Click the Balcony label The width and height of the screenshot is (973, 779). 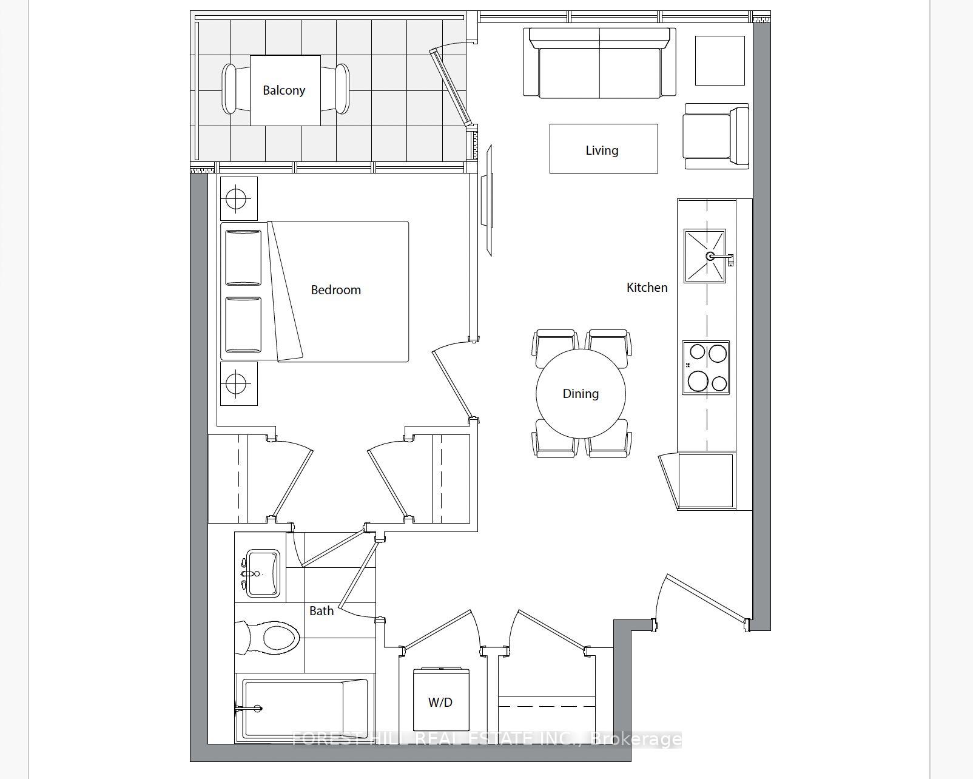pos(284,90)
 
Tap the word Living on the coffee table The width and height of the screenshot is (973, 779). pos(602,150)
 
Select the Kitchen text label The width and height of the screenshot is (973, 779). pos(647,288)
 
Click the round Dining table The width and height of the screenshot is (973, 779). pos(581,394)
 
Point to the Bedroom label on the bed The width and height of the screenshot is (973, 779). pos(335,290)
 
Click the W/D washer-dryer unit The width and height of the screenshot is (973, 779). pos(440,700)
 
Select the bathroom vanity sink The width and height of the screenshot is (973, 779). pos(262,573)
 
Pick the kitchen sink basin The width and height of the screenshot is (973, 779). pos(705,256)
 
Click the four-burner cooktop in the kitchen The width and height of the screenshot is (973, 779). pos(705,368)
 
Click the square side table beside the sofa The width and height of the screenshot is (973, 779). pos(719,61)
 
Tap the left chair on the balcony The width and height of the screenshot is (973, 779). pos(229,89)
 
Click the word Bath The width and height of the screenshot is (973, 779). pos(322,611)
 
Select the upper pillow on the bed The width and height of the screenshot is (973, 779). pos(243,257)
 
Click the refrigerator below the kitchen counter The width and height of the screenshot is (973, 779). pos(705,481)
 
